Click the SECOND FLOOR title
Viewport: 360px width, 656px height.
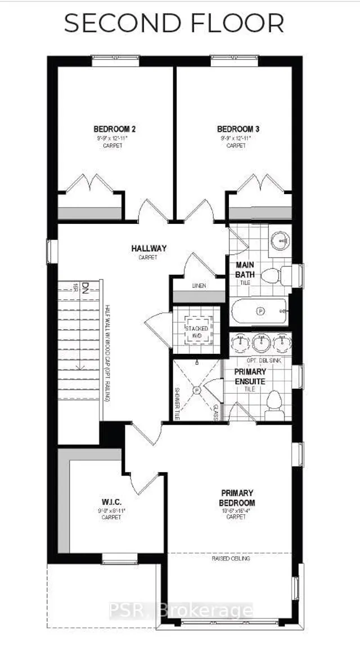click(x=173, y=24)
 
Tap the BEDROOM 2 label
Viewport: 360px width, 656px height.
click(x=115, y=129)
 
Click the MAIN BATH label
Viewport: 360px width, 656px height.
click(x=245, y=269)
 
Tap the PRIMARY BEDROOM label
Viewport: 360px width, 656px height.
click(x=237, y=498)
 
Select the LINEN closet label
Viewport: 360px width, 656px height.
click(x=199, y=285)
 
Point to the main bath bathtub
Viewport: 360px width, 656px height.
click(x=259, y=311)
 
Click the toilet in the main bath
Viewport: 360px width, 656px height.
click(x=273, y=276)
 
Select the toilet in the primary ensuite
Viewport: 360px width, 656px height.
click(x=274, y=402)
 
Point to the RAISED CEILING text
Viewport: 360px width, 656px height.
click(x=231, y=559)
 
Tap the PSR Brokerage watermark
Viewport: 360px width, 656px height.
click(x=208, y=610)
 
